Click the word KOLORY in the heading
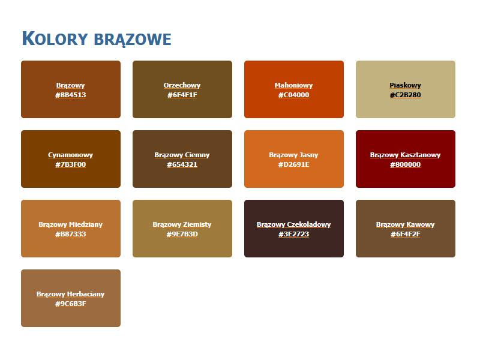[55, 39]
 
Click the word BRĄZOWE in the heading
[133, 40]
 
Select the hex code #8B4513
[71, 95]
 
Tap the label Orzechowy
[182, 85]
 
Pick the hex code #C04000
[293, 95]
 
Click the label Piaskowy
[405, 85]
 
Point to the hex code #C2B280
[405, 95]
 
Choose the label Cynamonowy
[71, 155]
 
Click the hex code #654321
[182, 164]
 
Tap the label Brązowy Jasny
[293, 155]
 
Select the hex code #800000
[405, 164]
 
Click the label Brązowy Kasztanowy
[405, 155]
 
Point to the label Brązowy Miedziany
[71, 224]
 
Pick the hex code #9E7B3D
[182, 234]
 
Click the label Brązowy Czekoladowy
[293, 224]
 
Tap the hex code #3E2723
[293, 234]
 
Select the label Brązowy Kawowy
[405, 224]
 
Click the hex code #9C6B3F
[71, 304]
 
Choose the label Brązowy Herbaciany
[71, 294]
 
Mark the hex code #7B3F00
[71, 164]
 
